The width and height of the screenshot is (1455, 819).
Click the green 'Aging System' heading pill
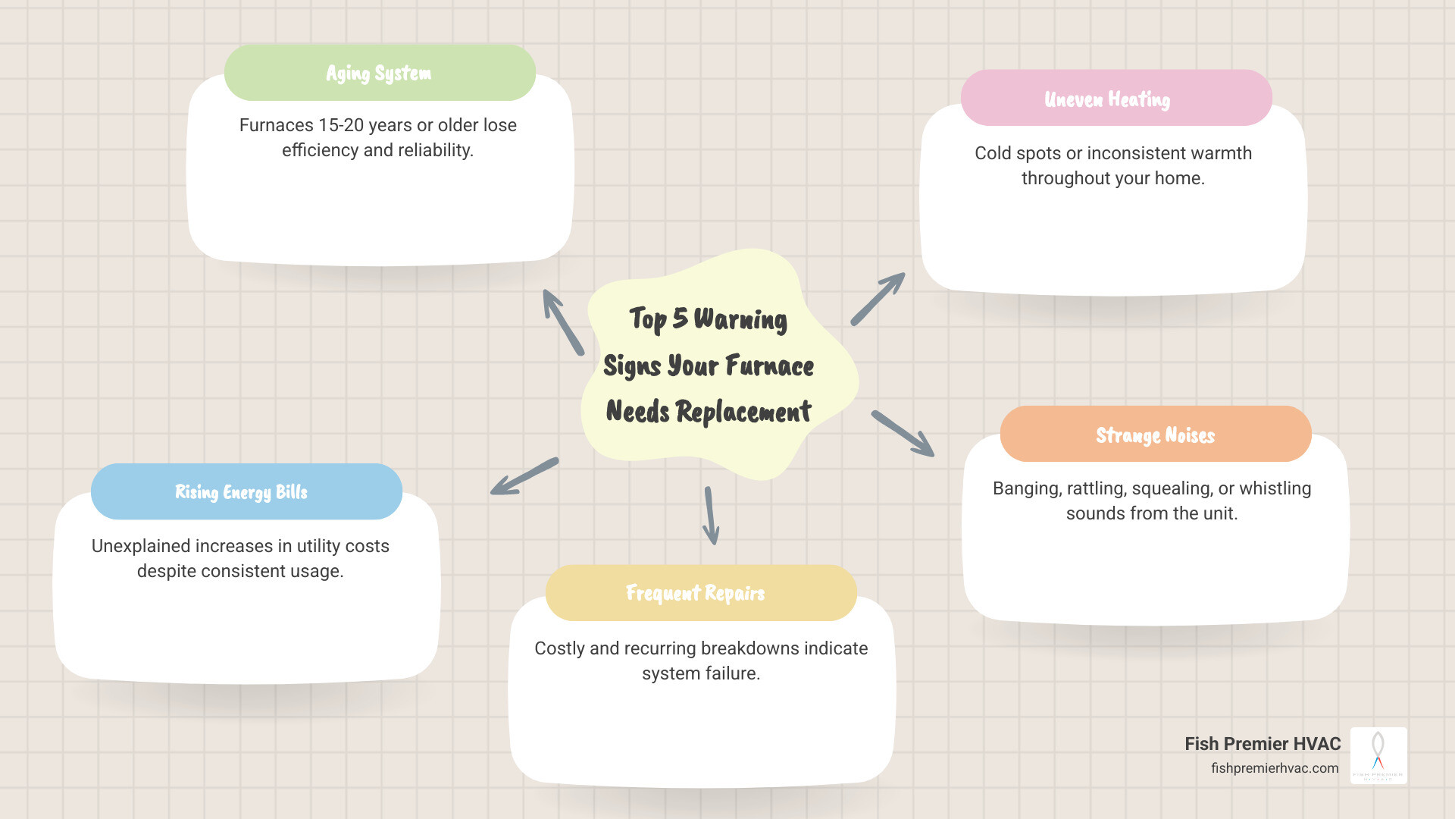380,73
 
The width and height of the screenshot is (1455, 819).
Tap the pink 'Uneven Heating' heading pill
1115,99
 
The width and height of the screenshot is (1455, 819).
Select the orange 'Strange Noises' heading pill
1155,435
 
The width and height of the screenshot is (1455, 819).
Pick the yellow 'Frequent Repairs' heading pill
700,593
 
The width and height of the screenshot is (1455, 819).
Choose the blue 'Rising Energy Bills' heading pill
246,491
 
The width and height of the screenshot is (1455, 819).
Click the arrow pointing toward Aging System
562,322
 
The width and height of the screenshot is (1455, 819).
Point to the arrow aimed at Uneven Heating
878,299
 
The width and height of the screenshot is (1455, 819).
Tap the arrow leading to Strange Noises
903,433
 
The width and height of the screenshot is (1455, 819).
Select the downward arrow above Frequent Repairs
711,516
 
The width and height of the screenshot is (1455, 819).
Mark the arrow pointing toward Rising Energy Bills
524,476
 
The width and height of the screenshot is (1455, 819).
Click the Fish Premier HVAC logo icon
1378,755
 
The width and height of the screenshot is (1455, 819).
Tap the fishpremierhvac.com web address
1275,768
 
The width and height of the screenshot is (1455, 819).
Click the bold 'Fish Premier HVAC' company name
1263,744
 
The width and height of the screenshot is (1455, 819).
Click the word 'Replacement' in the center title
743,412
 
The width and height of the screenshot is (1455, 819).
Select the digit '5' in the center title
680,318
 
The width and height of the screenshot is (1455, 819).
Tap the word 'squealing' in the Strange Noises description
1172,488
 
